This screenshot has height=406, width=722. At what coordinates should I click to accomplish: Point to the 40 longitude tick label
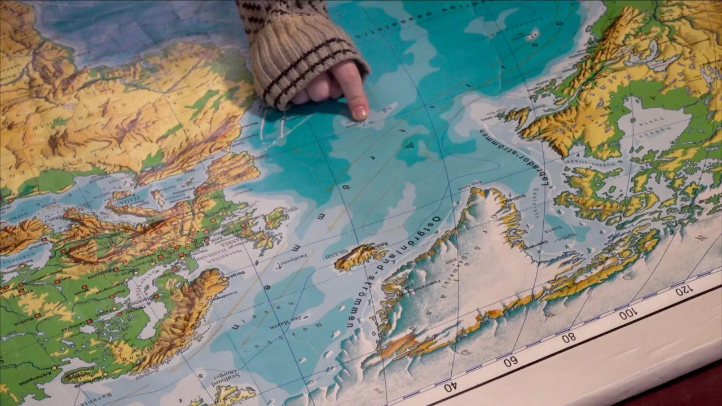(450, 387)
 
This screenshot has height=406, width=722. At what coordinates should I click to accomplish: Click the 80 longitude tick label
(569, 337)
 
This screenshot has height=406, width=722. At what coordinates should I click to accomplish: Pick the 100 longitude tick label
(627, 314)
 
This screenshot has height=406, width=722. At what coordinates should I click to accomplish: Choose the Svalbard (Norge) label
(224, 383)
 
